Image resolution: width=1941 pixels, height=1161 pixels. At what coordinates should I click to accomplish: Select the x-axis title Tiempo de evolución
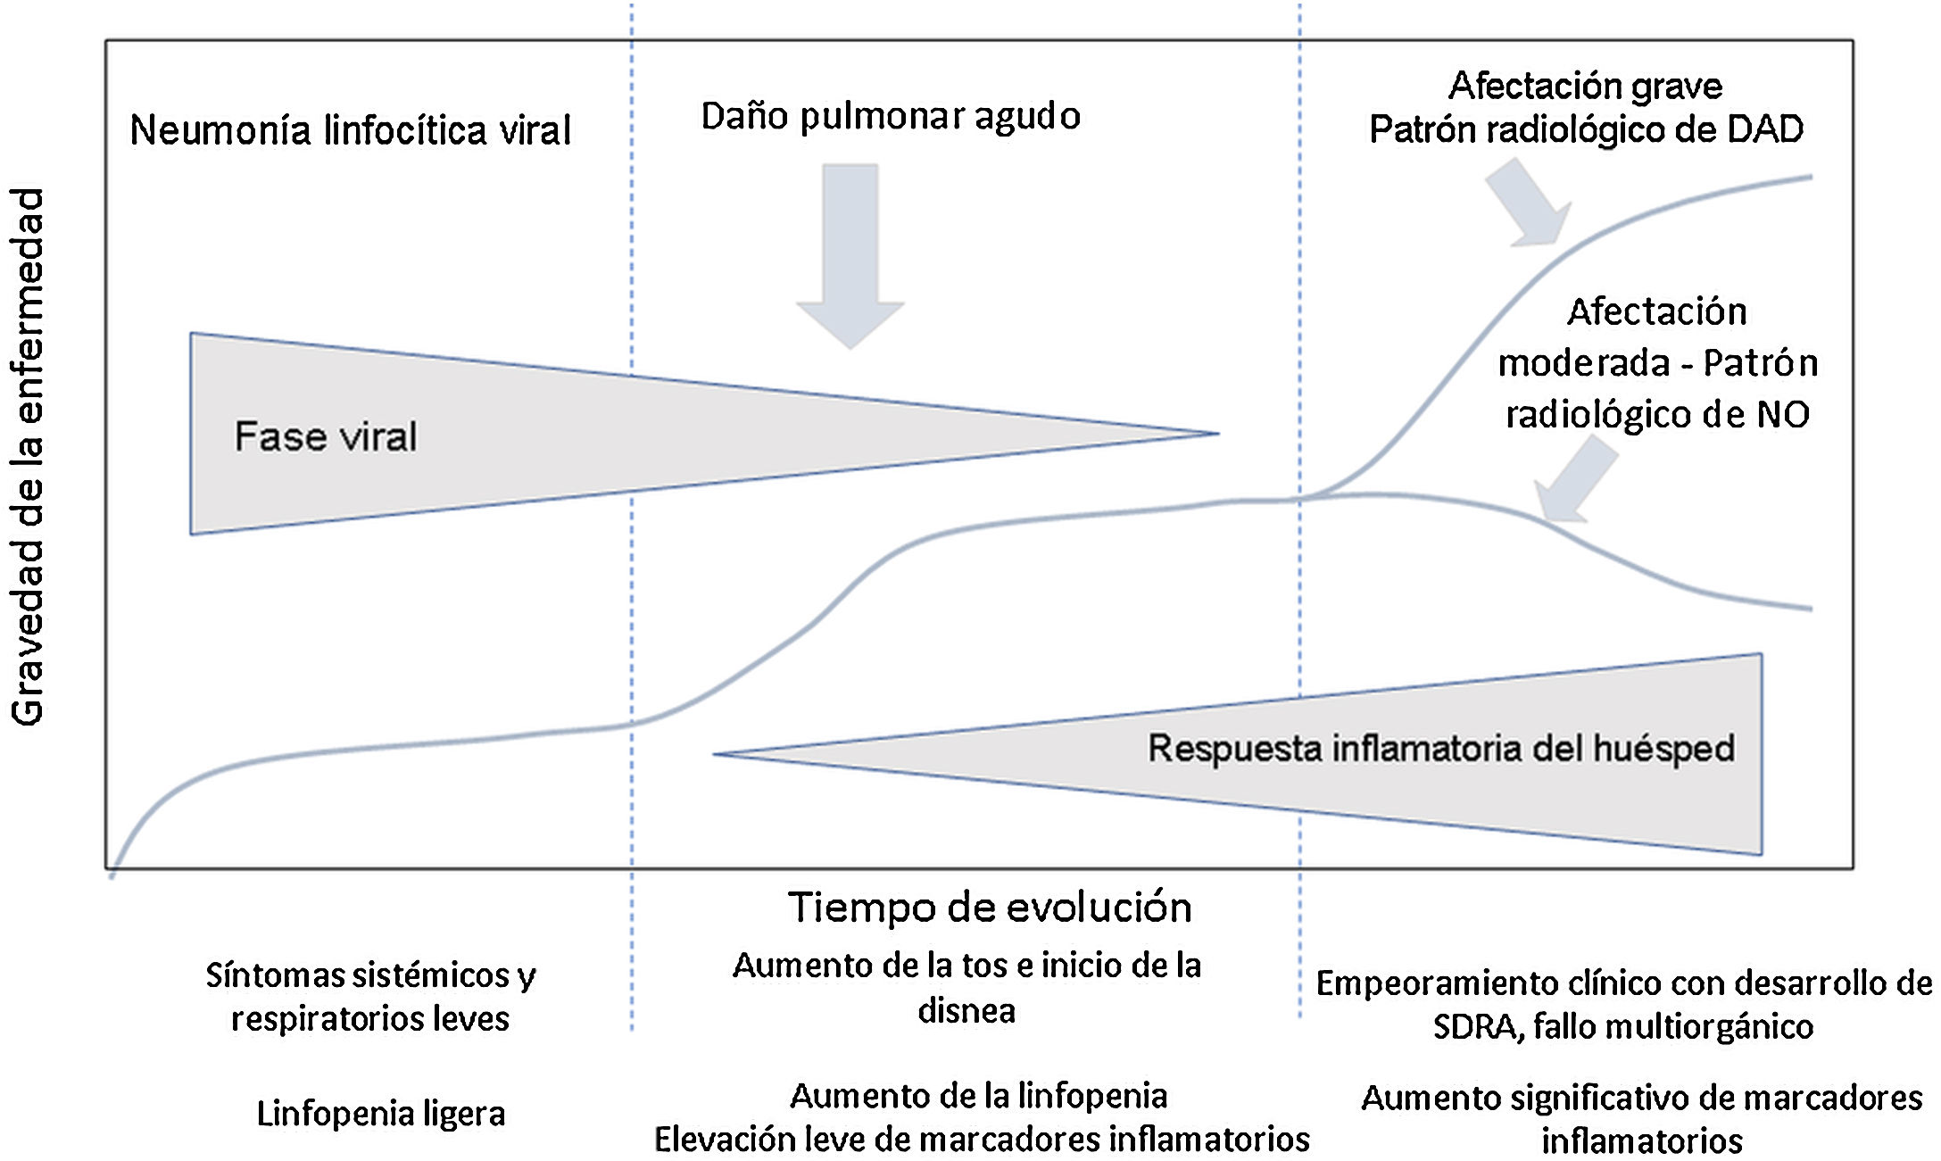tap(990, 908)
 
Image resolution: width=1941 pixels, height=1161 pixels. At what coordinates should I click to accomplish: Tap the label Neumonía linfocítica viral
tap(350, 130)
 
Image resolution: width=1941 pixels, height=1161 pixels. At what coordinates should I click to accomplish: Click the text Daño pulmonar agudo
tap(891, 116)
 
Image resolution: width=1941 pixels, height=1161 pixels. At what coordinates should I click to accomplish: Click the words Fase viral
tap(326, 436)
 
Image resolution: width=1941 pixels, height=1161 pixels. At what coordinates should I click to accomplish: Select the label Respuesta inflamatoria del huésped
tap(1440, 748)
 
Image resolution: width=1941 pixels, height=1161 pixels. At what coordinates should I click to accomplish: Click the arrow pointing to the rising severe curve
tap(1529, 203)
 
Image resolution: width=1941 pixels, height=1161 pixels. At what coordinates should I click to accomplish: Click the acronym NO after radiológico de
tap(1782, 415)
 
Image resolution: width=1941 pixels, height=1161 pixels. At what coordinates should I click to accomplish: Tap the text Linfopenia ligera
tap(381, 1113)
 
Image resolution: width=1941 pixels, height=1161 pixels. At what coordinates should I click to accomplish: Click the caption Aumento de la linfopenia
tap(979, 1095)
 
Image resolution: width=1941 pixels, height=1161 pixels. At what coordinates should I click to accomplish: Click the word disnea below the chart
tap(966, 1011)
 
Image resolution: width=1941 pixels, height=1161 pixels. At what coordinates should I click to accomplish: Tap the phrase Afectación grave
tap(1585, 86)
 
